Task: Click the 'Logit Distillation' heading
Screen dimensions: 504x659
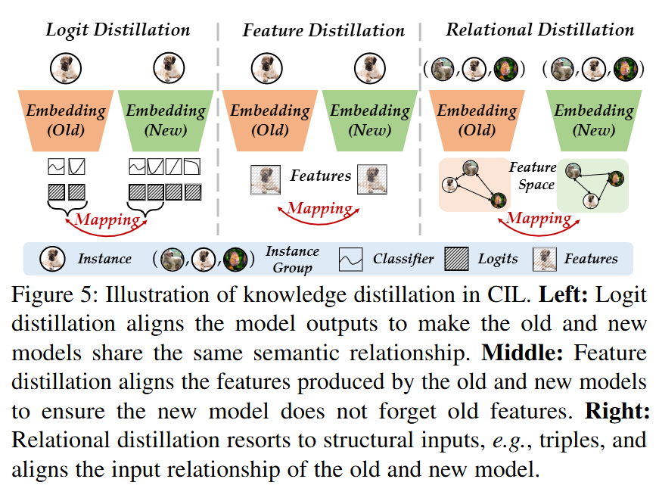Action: coord(118,31)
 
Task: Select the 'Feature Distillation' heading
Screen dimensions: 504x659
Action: coord(324,31)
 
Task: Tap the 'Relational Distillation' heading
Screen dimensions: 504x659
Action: coord(539,30)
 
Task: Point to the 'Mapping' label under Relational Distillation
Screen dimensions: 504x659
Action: coord(539,219)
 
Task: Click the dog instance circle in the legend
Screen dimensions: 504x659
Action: coord(51,259)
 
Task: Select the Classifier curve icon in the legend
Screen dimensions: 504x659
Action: coord(352,259)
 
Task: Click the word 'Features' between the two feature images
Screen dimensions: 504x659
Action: coord(321,176)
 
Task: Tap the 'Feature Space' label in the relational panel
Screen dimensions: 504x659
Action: coord(533,176)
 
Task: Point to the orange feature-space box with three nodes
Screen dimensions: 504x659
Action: coord(474,185)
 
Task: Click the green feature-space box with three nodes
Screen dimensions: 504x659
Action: coord(592,185)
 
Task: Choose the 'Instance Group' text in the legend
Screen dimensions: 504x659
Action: coord(292,259)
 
